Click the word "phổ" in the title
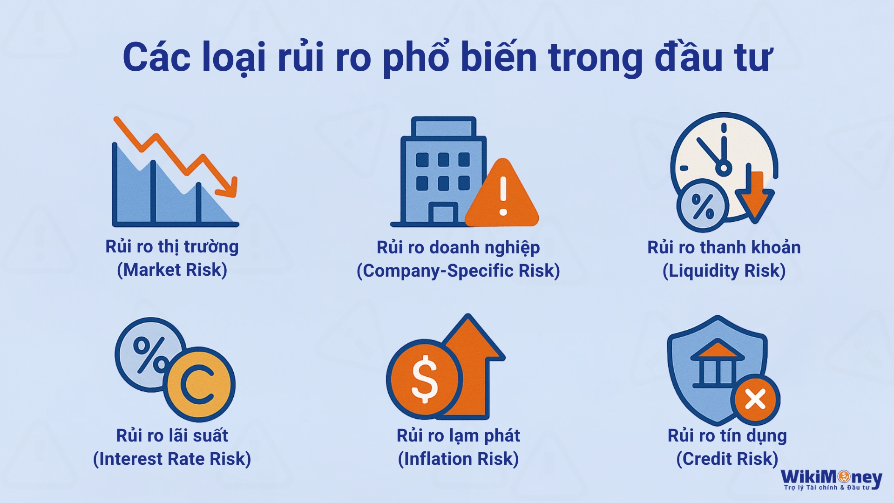tap(416, 57)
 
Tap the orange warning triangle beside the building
tap(502, 194)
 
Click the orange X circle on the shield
tap(755, 400)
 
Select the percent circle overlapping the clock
tap(703, 205)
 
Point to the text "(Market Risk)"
tap(172, 270)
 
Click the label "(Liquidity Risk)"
tap(724, 271)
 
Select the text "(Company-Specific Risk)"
tap(458, 271)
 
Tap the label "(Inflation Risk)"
tap(458, 459)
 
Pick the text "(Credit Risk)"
tap(727, 459)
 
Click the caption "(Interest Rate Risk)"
tap(172, 459)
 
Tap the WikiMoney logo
tap(832, 479)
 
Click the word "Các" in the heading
tap(156, 57)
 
